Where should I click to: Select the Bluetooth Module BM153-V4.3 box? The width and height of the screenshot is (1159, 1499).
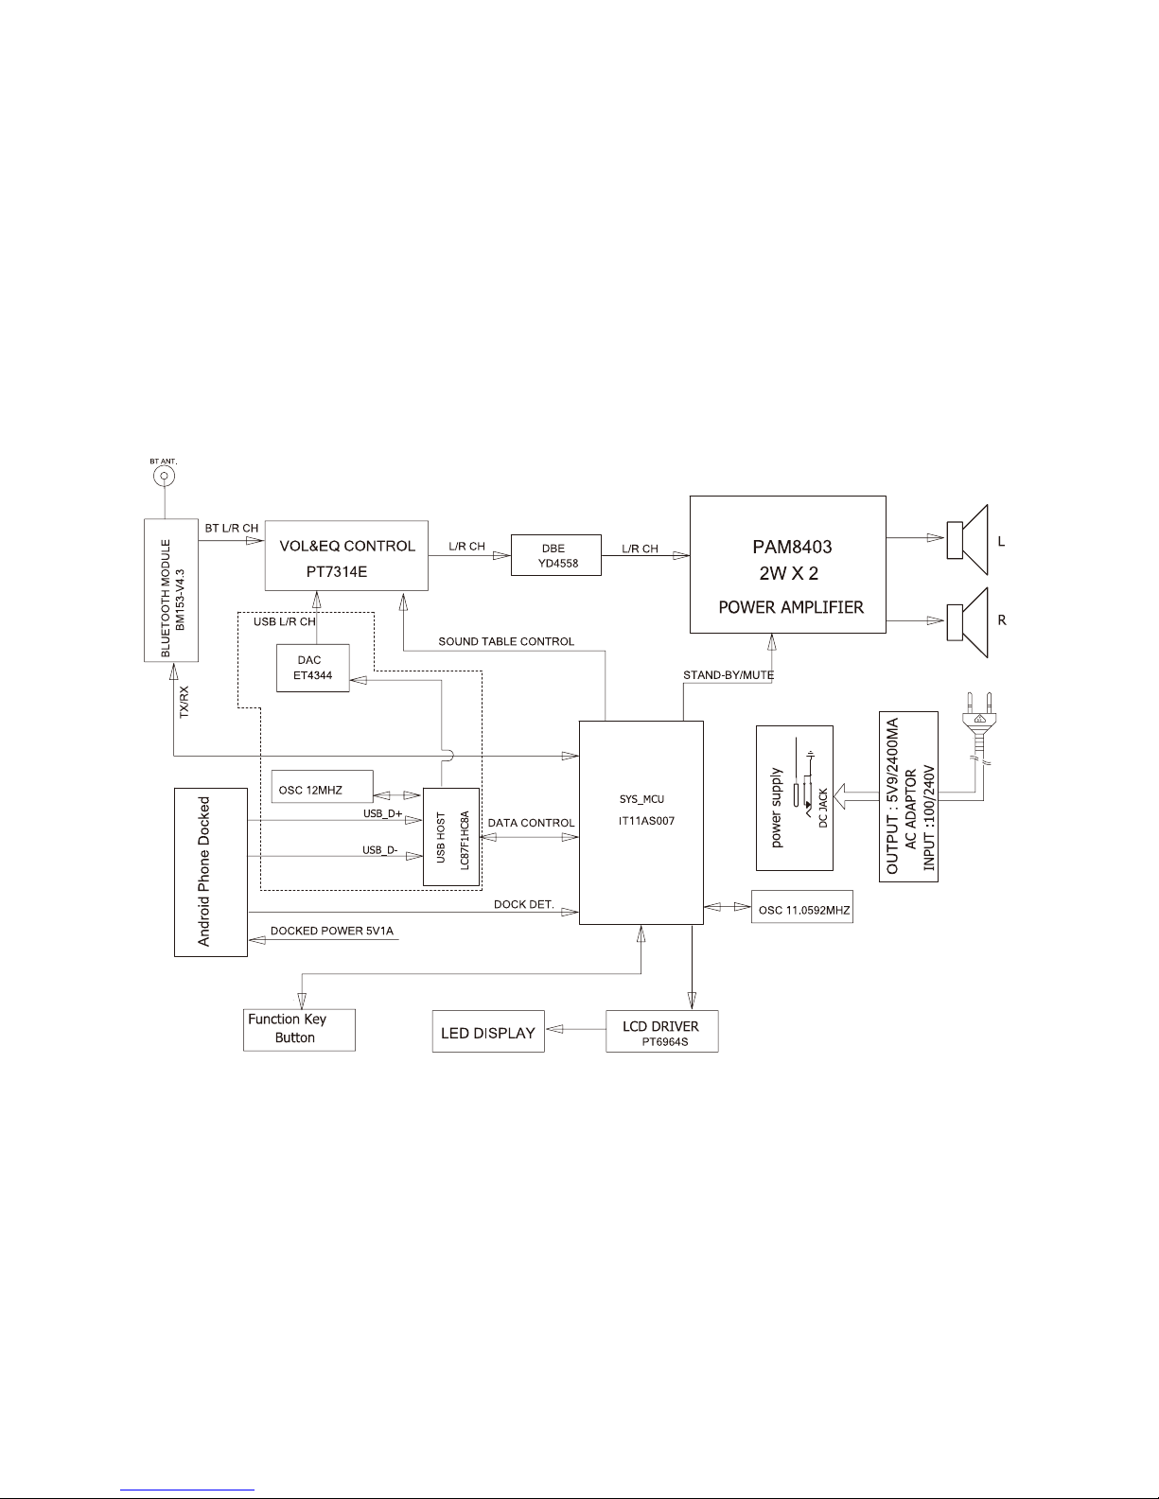[x=171, y=589]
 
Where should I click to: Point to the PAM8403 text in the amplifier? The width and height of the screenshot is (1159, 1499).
[x=787, y=547]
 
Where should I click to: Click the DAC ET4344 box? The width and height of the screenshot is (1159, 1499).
[x=312, y=668]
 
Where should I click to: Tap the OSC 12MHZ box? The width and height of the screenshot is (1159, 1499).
[x=322, y=790]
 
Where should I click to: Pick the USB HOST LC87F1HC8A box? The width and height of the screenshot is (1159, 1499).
[x=451, y=836]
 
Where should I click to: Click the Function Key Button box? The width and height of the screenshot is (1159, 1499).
[x=299, y=1029]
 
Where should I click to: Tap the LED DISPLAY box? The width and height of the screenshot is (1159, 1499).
[x=488, y=1033]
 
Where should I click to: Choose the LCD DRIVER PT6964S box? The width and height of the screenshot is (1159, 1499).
[x=661, y=1031]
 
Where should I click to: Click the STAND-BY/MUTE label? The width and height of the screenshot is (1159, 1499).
[x=729, y=675]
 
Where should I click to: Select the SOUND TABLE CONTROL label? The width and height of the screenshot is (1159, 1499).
[x=506, y=641]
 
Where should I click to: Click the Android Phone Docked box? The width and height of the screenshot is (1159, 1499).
[x=211, y=871]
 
